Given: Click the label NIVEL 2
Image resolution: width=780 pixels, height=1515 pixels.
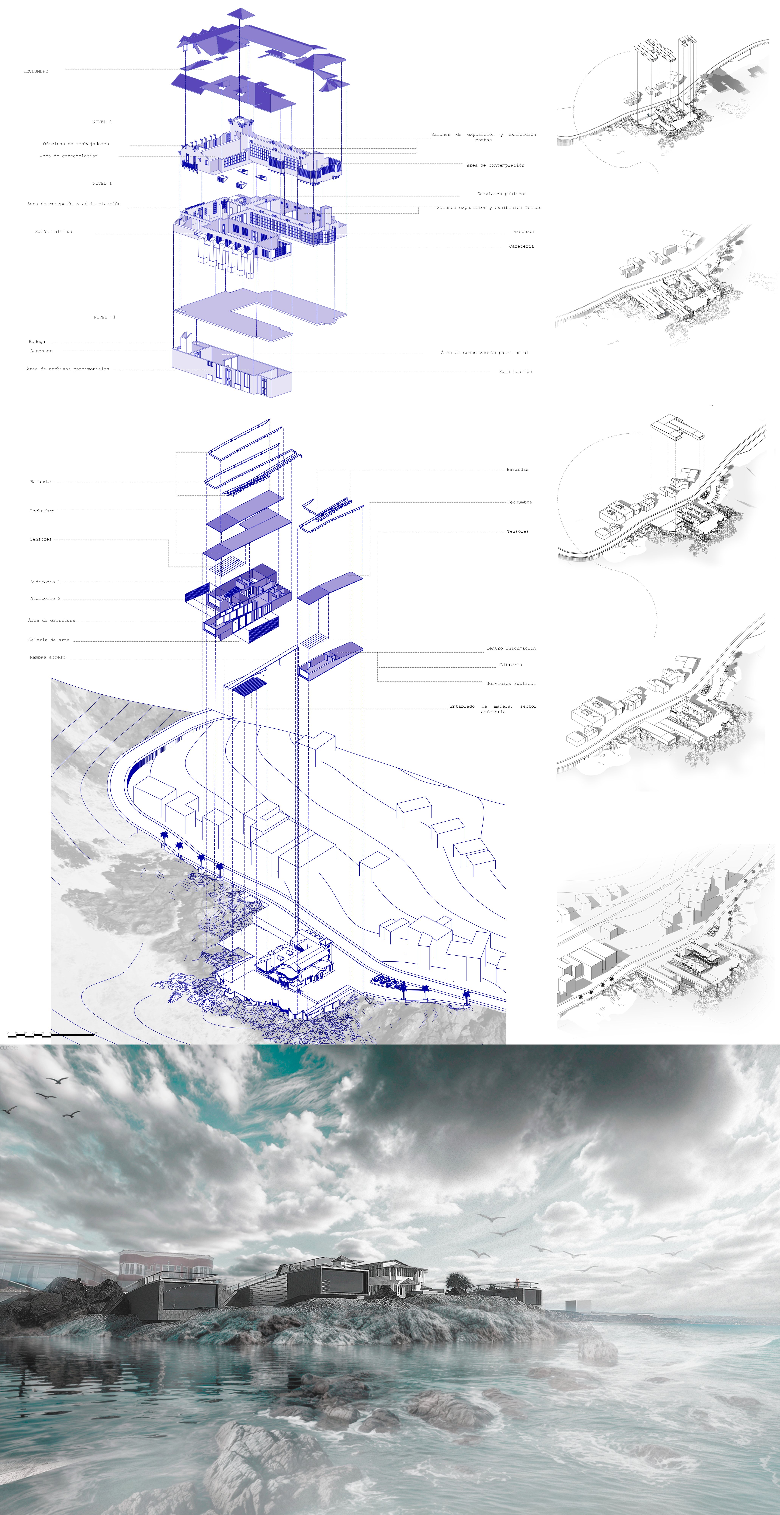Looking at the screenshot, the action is pyautogui.click(x=102, y=122).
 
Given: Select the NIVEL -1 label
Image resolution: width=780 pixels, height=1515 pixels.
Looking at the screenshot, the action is pyautogui.click(x=105, y=317).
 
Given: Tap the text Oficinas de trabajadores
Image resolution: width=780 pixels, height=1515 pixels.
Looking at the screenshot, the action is pyautogui.click(x=76, y=143).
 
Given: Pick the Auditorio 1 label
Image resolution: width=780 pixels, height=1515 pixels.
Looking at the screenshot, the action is pyautogui.click(x=45, y=582).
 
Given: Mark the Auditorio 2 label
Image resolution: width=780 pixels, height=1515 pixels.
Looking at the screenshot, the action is pyautogui.click(x=45, y=598).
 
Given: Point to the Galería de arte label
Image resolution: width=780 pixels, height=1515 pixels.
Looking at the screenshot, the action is pyautogui.click(x=49, y=640).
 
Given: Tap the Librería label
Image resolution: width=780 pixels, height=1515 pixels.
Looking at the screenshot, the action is pyautogui.click(x=511, y=665).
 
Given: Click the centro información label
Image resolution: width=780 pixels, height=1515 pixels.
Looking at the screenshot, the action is pyautogui.click(x=511, y=648).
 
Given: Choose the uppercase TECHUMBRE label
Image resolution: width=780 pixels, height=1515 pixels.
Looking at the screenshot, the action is pyautogui.click(x=36, y=71).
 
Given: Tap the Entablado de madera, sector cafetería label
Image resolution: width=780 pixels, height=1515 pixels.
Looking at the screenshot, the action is pyautogui.click(x=493, y=709).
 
